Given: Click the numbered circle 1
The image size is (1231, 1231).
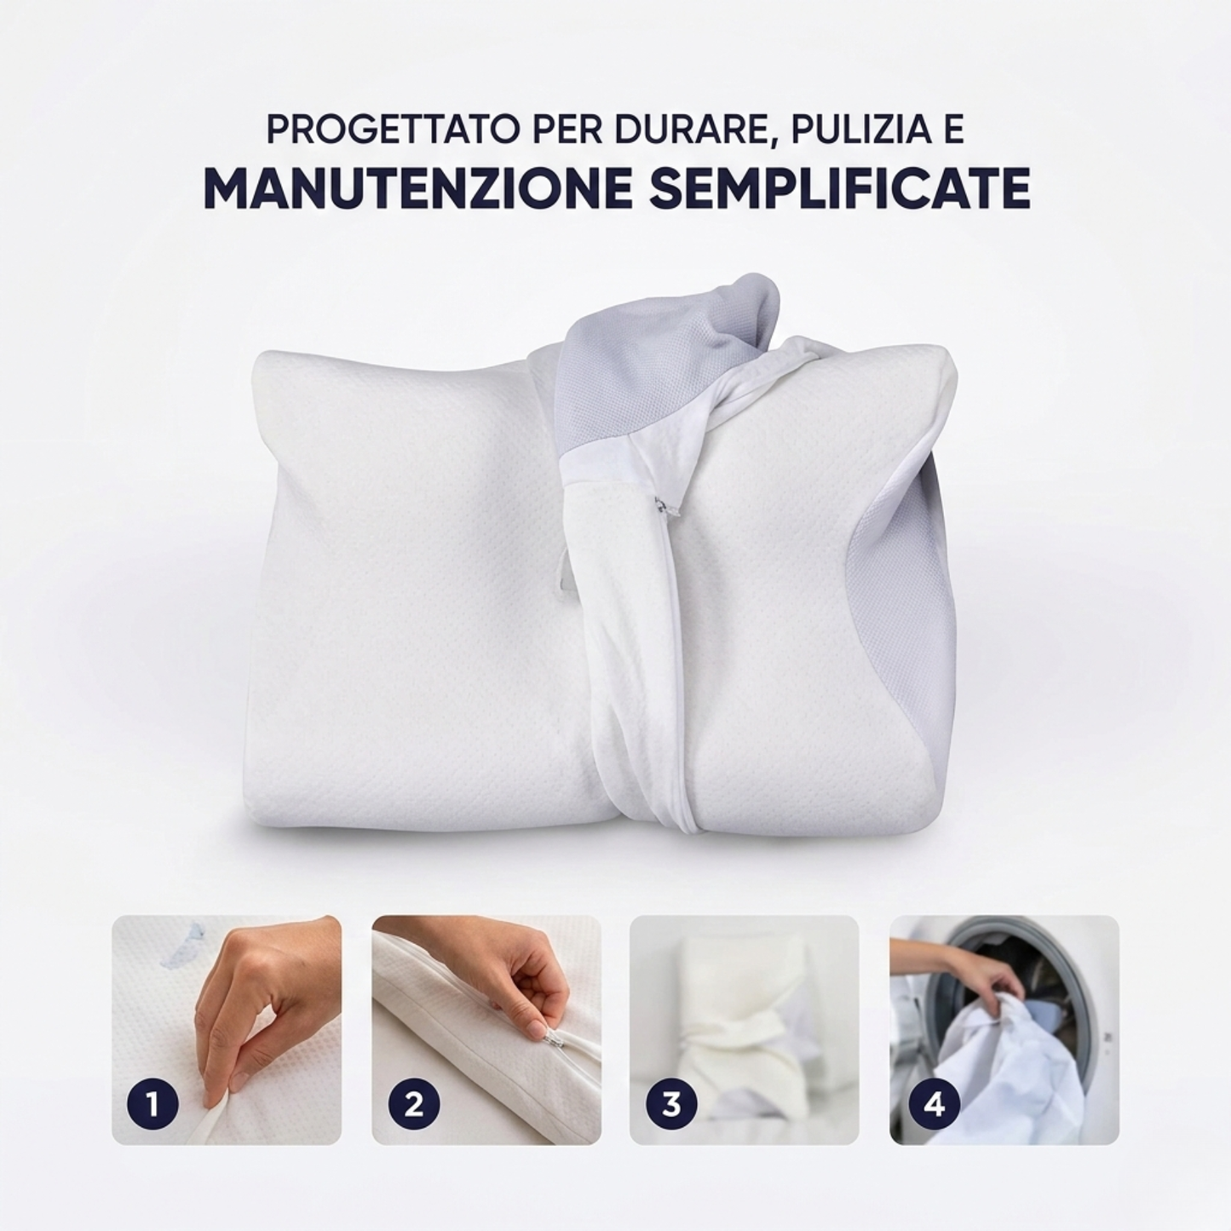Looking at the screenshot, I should [x=152, y=1105].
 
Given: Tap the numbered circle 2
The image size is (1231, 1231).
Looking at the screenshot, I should [x=413, y=1105].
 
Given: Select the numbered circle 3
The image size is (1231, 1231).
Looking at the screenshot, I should [x=671, y=1105].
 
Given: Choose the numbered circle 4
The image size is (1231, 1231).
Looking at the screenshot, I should [x=935, y=1105].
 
